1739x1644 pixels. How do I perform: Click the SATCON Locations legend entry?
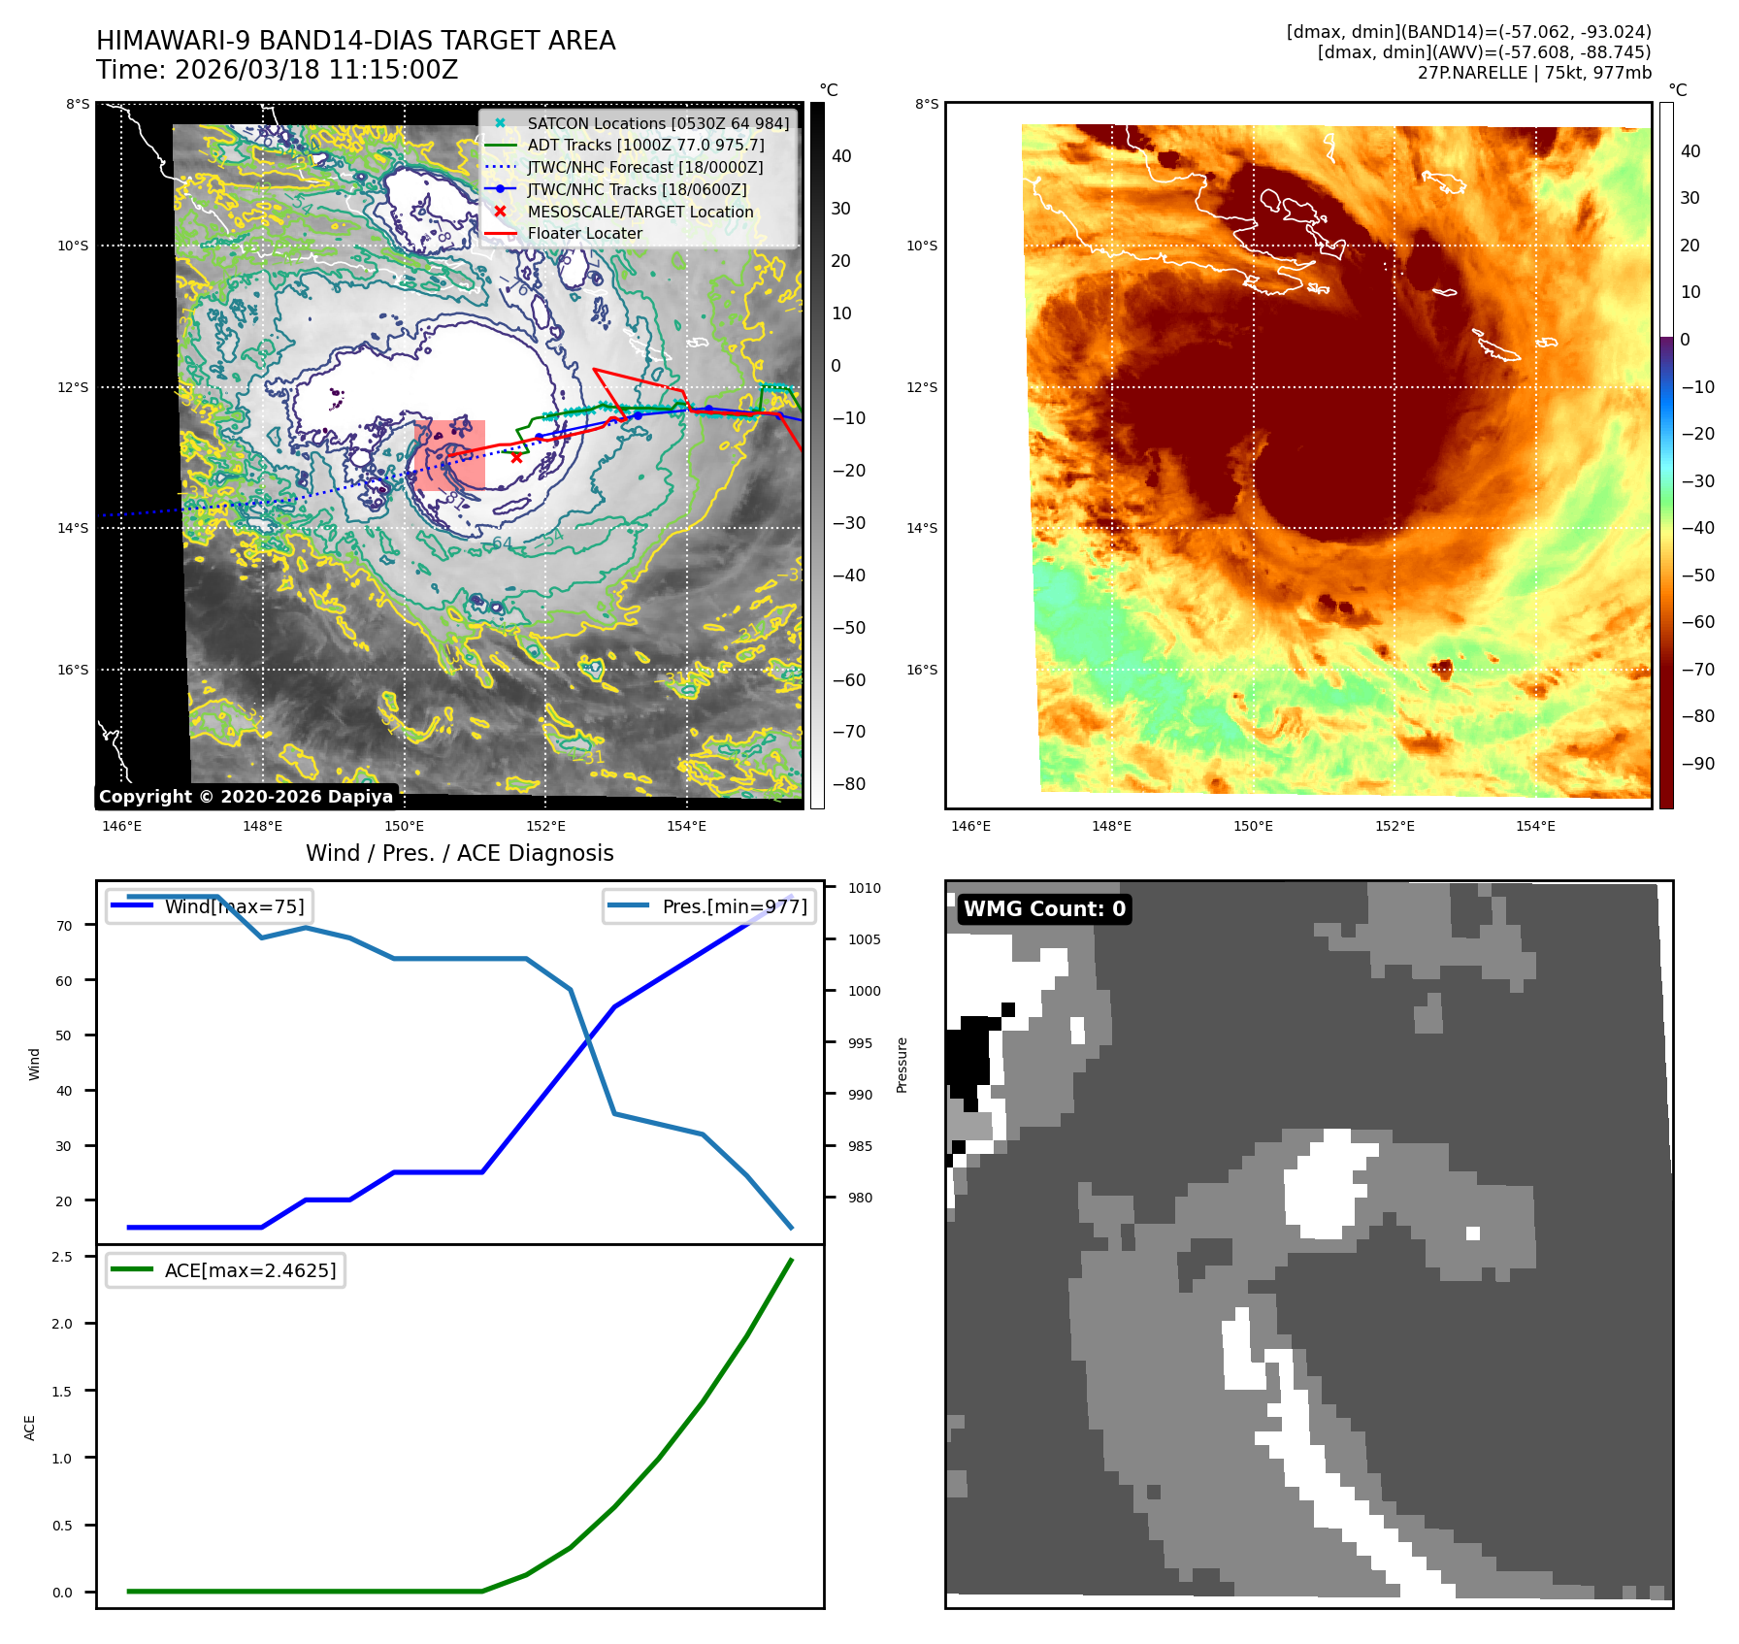[x=657, y=123]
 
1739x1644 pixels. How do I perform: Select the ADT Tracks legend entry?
[x=645, y=145]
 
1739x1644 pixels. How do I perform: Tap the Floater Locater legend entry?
[x=584, y=233]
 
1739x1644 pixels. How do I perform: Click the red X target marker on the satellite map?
[x=516, y=457]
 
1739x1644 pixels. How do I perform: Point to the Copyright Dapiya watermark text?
[x=246, y=797]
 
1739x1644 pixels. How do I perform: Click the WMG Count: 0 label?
[x=1044, y=908]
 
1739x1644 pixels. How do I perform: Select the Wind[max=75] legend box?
[x=209, y=906]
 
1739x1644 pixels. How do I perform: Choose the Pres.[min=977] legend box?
[x=708, y=906]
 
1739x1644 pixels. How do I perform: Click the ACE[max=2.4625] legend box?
[x=225, y=1270]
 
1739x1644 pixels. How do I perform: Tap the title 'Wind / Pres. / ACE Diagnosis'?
[x=459, y=853]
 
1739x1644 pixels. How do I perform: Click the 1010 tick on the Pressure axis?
[x=864, y=888]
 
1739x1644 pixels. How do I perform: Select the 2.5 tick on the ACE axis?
[x=62, y=1257]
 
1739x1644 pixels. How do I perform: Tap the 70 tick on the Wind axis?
[x=64, y=926]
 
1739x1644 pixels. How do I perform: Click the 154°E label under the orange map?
[x=1535, y=826]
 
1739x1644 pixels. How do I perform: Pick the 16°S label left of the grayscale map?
[x=73, y=670]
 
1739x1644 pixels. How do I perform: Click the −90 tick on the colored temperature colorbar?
[x=1697, y=764]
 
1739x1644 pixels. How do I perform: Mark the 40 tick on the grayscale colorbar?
[x=841, y=156]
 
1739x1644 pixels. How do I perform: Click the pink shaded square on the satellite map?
[x=449, y=454]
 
